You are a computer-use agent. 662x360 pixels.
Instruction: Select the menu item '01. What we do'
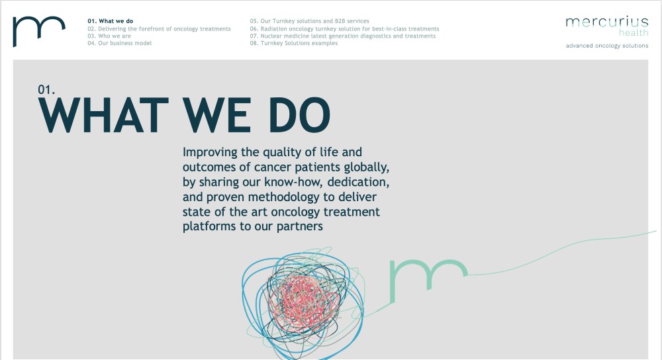(x=110, y=21)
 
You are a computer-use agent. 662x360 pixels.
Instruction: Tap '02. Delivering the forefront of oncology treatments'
(x=159, y=28)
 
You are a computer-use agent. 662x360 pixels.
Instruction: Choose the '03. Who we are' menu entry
(x=109, y=36)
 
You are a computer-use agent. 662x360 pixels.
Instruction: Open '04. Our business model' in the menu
(x=119, y=43)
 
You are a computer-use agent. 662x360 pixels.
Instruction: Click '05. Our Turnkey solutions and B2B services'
(x=309, y=21)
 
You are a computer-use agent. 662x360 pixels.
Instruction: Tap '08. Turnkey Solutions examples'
(x=294, y=43)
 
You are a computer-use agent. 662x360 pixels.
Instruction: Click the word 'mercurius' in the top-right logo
(x=606, y=22)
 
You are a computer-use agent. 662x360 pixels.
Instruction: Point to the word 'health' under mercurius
(x=634, y=32)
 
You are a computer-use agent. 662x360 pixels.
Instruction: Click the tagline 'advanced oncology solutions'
(x=607, y=46)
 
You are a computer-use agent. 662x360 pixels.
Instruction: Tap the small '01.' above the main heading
(x=46, y=89)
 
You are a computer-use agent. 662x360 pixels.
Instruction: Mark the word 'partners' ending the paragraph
(x=300, y=226)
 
